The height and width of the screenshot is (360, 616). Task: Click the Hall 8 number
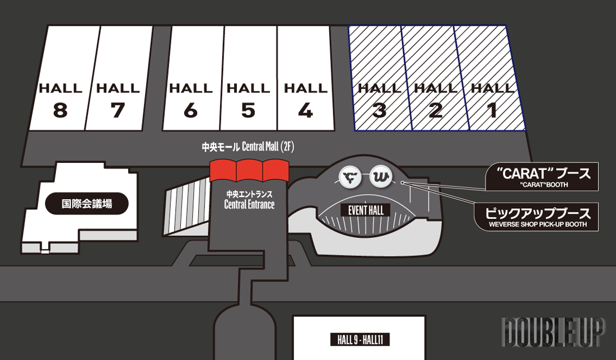[60, 110]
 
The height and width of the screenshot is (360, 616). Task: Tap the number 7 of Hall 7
[118, 110]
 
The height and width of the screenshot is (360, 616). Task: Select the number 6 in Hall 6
[190, 110]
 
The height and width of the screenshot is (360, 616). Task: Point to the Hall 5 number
[248, 110]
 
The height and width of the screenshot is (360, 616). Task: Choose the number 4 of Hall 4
[305, 110]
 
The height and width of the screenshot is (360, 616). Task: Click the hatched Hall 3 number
[379, 110]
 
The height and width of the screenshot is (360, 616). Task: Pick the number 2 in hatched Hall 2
[435, 110]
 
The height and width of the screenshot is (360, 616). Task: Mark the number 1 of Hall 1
[492, 110]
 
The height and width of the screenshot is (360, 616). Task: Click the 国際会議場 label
[87, 204]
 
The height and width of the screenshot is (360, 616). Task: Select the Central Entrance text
[249, 205]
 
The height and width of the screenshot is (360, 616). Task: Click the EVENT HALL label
[366, 211]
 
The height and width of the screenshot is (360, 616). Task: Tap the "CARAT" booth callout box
[541, 176]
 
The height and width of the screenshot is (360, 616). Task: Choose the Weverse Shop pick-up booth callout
[536, 216]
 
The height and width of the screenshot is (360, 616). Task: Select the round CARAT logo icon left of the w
[351, 177]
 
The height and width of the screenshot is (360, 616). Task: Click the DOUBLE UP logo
[553, 333]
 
